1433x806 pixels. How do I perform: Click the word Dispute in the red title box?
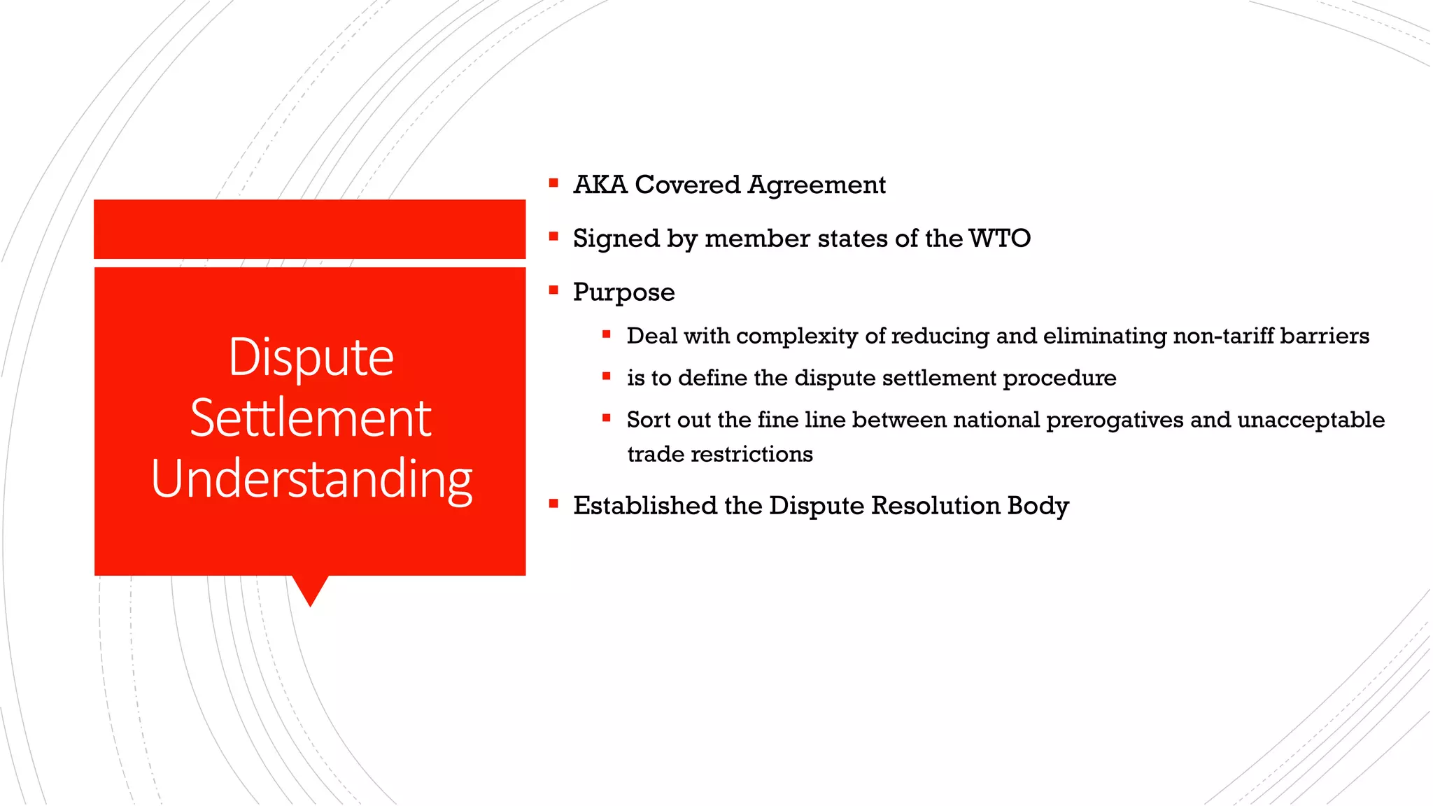[311, 358]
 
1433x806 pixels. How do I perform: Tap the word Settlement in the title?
[311, 418]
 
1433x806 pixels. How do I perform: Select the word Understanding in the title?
[311, 480]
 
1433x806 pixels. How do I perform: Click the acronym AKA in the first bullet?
[600, 185]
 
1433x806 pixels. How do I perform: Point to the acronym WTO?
[999, 239]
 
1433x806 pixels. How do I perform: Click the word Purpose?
[623, 292]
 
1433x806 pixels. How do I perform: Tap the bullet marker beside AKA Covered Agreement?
[553, 183]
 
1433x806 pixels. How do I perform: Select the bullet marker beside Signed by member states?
[553, 236]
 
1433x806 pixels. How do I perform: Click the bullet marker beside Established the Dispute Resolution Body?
[553, 504]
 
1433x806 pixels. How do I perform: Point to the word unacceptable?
[1311, 420]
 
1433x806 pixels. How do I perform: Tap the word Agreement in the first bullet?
[817, 185]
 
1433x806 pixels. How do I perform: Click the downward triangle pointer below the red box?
[310, 590]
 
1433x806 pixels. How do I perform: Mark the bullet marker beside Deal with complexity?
[607, 335]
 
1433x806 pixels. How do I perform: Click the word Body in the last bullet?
[1038, 506]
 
